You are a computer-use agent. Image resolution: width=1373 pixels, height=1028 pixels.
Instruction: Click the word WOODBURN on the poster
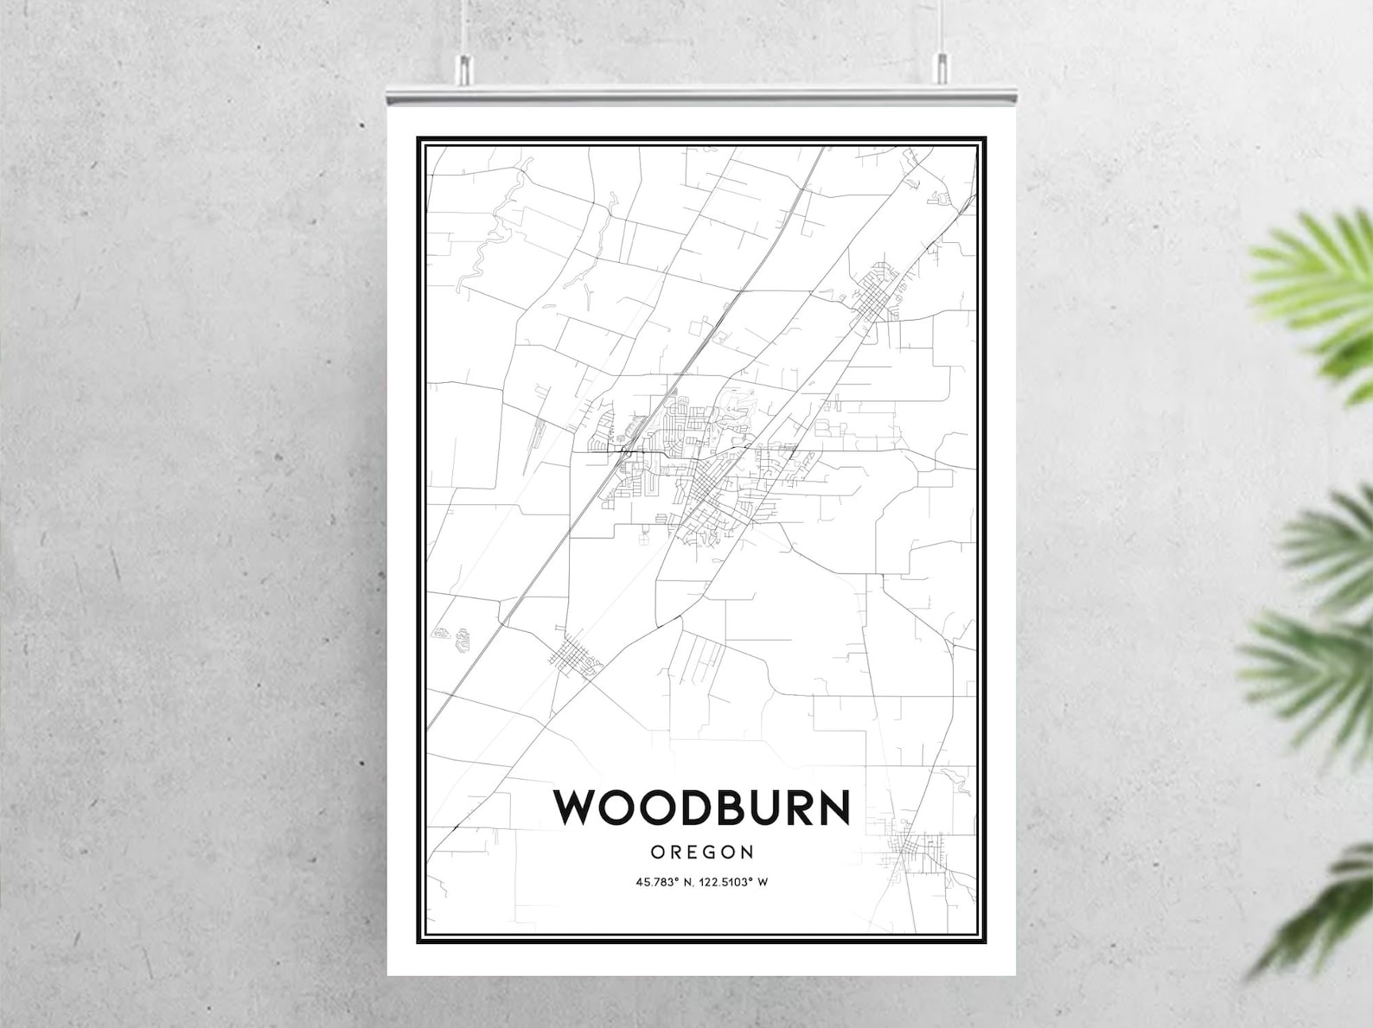701,807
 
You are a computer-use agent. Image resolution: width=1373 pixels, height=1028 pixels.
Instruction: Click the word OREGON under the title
701,852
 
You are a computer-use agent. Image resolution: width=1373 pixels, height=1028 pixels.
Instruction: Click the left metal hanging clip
464,68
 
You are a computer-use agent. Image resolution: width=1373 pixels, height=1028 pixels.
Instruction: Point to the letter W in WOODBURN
577,807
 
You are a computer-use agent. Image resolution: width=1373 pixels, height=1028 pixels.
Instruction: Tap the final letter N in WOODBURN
833,807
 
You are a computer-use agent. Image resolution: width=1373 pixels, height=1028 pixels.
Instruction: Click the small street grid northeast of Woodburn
878,294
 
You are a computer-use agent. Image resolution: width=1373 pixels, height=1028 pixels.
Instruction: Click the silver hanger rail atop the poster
700,94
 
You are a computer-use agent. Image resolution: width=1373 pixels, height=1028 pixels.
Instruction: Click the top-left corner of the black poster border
419,138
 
